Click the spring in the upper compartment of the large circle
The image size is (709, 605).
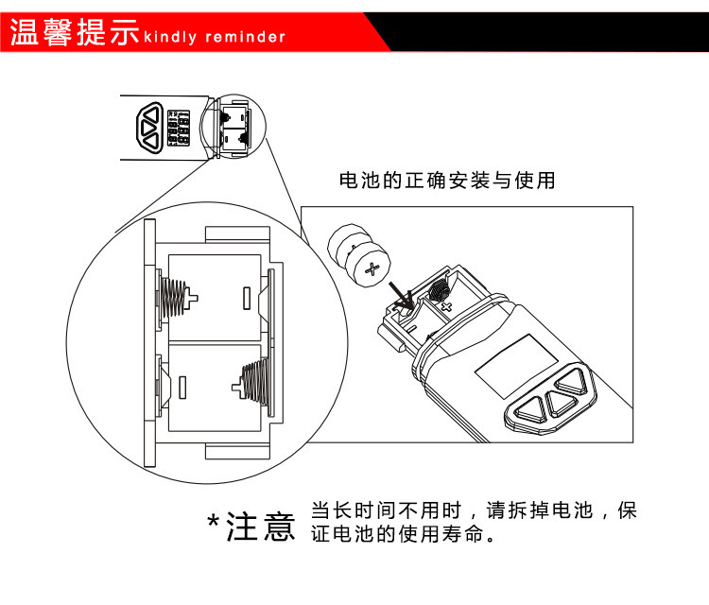[x=176, y=298]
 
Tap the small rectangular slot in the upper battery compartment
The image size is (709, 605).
[x=247, y=298]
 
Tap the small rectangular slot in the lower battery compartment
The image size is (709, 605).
[x=183, y=388]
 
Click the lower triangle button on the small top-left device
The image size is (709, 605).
[x=149, y=141]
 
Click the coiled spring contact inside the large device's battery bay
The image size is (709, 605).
[x=439, y=287]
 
